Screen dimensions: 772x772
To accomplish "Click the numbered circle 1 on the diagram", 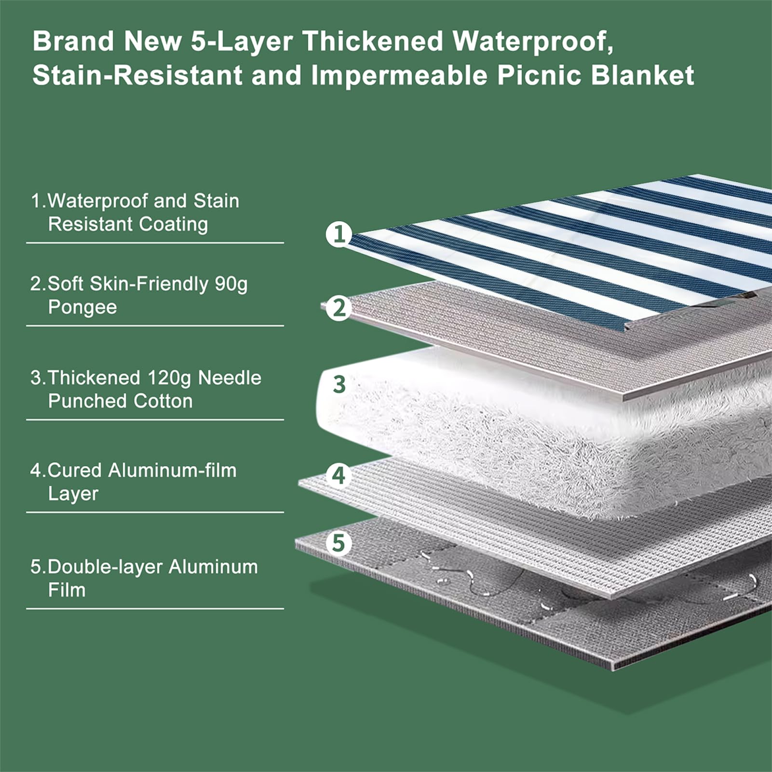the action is (339, 234).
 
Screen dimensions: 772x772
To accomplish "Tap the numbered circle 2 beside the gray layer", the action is (339, 308).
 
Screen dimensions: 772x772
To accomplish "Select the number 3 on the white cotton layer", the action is (339, 384).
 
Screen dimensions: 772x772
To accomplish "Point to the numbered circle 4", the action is (339, 475).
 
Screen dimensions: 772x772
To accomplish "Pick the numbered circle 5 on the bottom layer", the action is (339, 543).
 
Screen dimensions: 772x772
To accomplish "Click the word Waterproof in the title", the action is (533, 41).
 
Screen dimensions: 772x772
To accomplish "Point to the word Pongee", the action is (82, 308).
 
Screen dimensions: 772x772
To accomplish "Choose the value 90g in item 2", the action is (231, 284).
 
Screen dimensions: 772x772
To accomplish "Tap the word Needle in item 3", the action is (230, 378).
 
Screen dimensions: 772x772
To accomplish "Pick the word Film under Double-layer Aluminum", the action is (67, 590).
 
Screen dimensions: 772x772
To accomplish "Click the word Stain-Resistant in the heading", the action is (137, 76).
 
